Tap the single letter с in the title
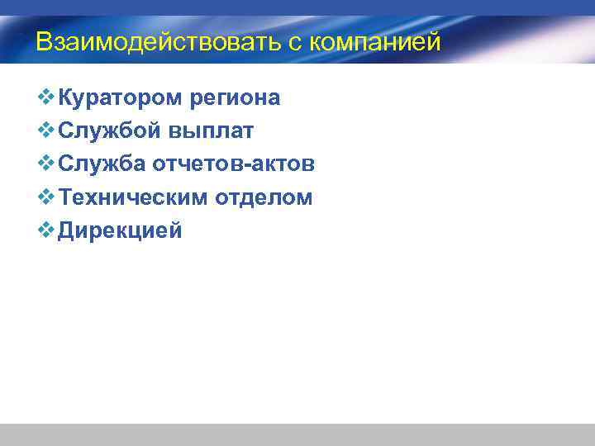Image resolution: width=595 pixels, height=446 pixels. [296, 42]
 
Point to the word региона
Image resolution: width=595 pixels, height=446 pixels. [236, 98]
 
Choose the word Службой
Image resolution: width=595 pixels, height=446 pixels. [109, 131]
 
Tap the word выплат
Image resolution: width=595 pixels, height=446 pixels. [211, 131]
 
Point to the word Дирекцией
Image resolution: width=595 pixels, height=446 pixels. [120, 230]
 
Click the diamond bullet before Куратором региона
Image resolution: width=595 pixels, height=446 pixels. [46, 97]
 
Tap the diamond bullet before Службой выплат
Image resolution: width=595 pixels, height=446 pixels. [46, 130]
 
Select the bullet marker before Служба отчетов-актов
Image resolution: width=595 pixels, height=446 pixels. [46, 164]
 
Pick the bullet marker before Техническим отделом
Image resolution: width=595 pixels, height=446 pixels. [46, 197]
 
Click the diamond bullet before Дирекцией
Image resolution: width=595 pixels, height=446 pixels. [46, 230]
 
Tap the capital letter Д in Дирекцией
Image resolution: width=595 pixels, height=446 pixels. [68, 230]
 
